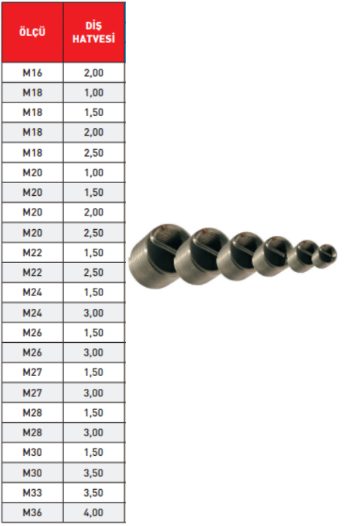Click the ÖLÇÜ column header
coord(32,32)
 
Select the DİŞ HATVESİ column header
coord(93,32)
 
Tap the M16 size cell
coord(32,73)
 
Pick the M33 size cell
coord(32,493)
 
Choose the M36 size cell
coord(32,512)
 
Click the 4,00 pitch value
coord(93,512)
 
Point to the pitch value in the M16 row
coord(93,73)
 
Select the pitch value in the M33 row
coord(93,493)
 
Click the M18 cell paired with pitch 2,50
coord(32,153)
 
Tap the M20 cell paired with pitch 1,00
coord(32,173)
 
